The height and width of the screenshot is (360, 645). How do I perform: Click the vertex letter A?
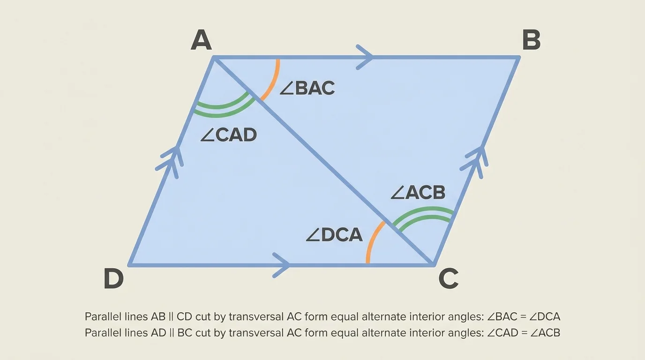201,40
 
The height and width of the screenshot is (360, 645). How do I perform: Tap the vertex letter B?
531,40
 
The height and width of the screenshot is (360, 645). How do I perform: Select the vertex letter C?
448,279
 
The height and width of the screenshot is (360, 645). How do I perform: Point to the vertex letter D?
113,279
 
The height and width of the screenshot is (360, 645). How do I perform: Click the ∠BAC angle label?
307,88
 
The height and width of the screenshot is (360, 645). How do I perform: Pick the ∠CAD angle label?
228,135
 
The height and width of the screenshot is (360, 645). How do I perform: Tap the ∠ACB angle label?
418,192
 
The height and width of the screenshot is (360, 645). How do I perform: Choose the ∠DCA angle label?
334,234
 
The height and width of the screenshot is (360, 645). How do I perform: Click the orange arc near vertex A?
272,82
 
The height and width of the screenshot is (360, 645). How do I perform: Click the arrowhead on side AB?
366,57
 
